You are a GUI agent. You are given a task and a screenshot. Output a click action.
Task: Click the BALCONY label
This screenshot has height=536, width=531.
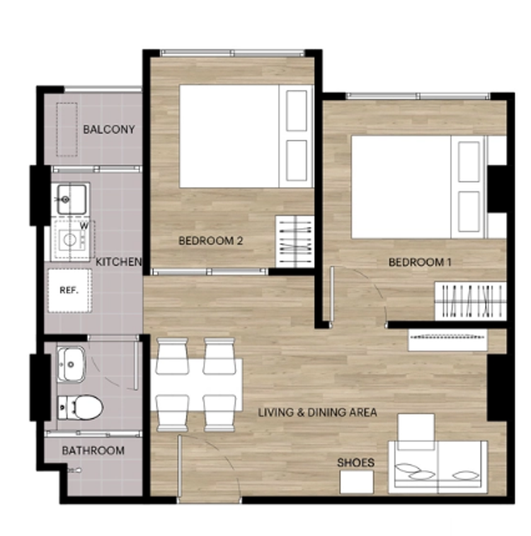click(x=109, y=129)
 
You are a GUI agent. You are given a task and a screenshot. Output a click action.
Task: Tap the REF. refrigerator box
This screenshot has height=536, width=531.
click(x=69, y=290)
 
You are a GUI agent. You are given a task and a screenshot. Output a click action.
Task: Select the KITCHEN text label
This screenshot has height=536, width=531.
click(x=118, y=262)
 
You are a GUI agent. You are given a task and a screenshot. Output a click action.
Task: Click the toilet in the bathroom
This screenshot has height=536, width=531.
click(x=80, y=407)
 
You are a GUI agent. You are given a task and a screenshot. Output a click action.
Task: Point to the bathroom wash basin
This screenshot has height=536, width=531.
click(x=71, y=364)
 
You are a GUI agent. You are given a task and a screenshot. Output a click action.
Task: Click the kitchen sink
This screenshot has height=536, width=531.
click(x=72, y=199)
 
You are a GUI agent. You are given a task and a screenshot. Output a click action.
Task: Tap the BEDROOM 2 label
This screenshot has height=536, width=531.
click(x=211, y=241)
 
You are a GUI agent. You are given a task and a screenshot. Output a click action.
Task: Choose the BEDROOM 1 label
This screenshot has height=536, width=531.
click(x=420, y=262)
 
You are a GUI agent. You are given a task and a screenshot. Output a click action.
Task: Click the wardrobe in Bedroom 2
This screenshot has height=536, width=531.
click(x=295, y=241)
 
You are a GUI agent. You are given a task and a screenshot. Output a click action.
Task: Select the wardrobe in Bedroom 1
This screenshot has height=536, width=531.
click(x=470, y=301)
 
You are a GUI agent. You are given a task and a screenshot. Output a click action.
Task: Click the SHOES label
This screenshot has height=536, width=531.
click(x=355, y=462)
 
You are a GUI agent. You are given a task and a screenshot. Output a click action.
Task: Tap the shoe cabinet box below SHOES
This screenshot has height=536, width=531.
click(x=356, y=482)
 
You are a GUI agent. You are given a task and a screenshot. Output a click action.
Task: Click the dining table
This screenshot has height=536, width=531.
click(x=197, y=384)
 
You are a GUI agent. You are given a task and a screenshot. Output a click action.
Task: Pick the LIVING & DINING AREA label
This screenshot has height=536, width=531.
click(x=317, y=412)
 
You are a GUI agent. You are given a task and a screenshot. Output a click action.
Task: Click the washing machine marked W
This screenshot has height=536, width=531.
click(x=73, y=240)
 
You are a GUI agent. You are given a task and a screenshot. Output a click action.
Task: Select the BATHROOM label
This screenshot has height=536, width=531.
click(x=93, y=450)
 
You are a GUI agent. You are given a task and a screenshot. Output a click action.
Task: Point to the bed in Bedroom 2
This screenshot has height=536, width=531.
click(x=246, y=136)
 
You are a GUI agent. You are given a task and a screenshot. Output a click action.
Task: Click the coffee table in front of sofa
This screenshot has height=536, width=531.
click(x=416, y=432)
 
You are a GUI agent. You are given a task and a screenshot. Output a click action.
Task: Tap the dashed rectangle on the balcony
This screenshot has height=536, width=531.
click(x=67, y=130)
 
